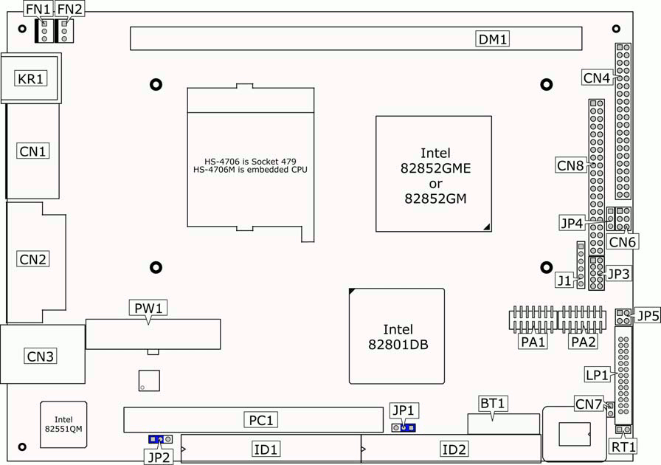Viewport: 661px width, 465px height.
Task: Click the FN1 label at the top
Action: click(38, 10)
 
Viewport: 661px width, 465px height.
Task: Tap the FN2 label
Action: click(70, 10)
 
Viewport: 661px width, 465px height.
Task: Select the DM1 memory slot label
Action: click(493, 39)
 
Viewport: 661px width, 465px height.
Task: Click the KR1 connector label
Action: click(31, 78)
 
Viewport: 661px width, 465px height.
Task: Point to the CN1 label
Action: click(32, 151)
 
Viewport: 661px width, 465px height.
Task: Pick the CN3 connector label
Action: click(41, 356)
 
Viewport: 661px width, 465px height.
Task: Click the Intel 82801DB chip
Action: click(398, 337)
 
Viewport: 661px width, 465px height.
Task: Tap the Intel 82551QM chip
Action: click(63, 424)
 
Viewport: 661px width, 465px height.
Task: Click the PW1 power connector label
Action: click(148, 307)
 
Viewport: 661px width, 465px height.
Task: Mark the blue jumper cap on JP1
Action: click(408, 427)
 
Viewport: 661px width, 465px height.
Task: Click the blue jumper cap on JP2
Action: click(156, 439)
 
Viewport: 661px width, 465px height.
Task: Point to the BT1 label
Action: click(493, 403)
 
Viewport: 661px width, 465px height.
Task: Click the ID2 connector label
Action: click(454, 449)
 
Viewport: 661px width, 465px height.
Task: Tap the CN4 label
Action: click(596, 77)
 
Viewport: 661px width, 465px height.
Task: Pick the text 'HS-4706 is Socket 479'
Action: click(250, 162)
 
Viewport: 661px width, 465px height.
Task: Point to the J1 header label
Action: click(564, 280)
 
